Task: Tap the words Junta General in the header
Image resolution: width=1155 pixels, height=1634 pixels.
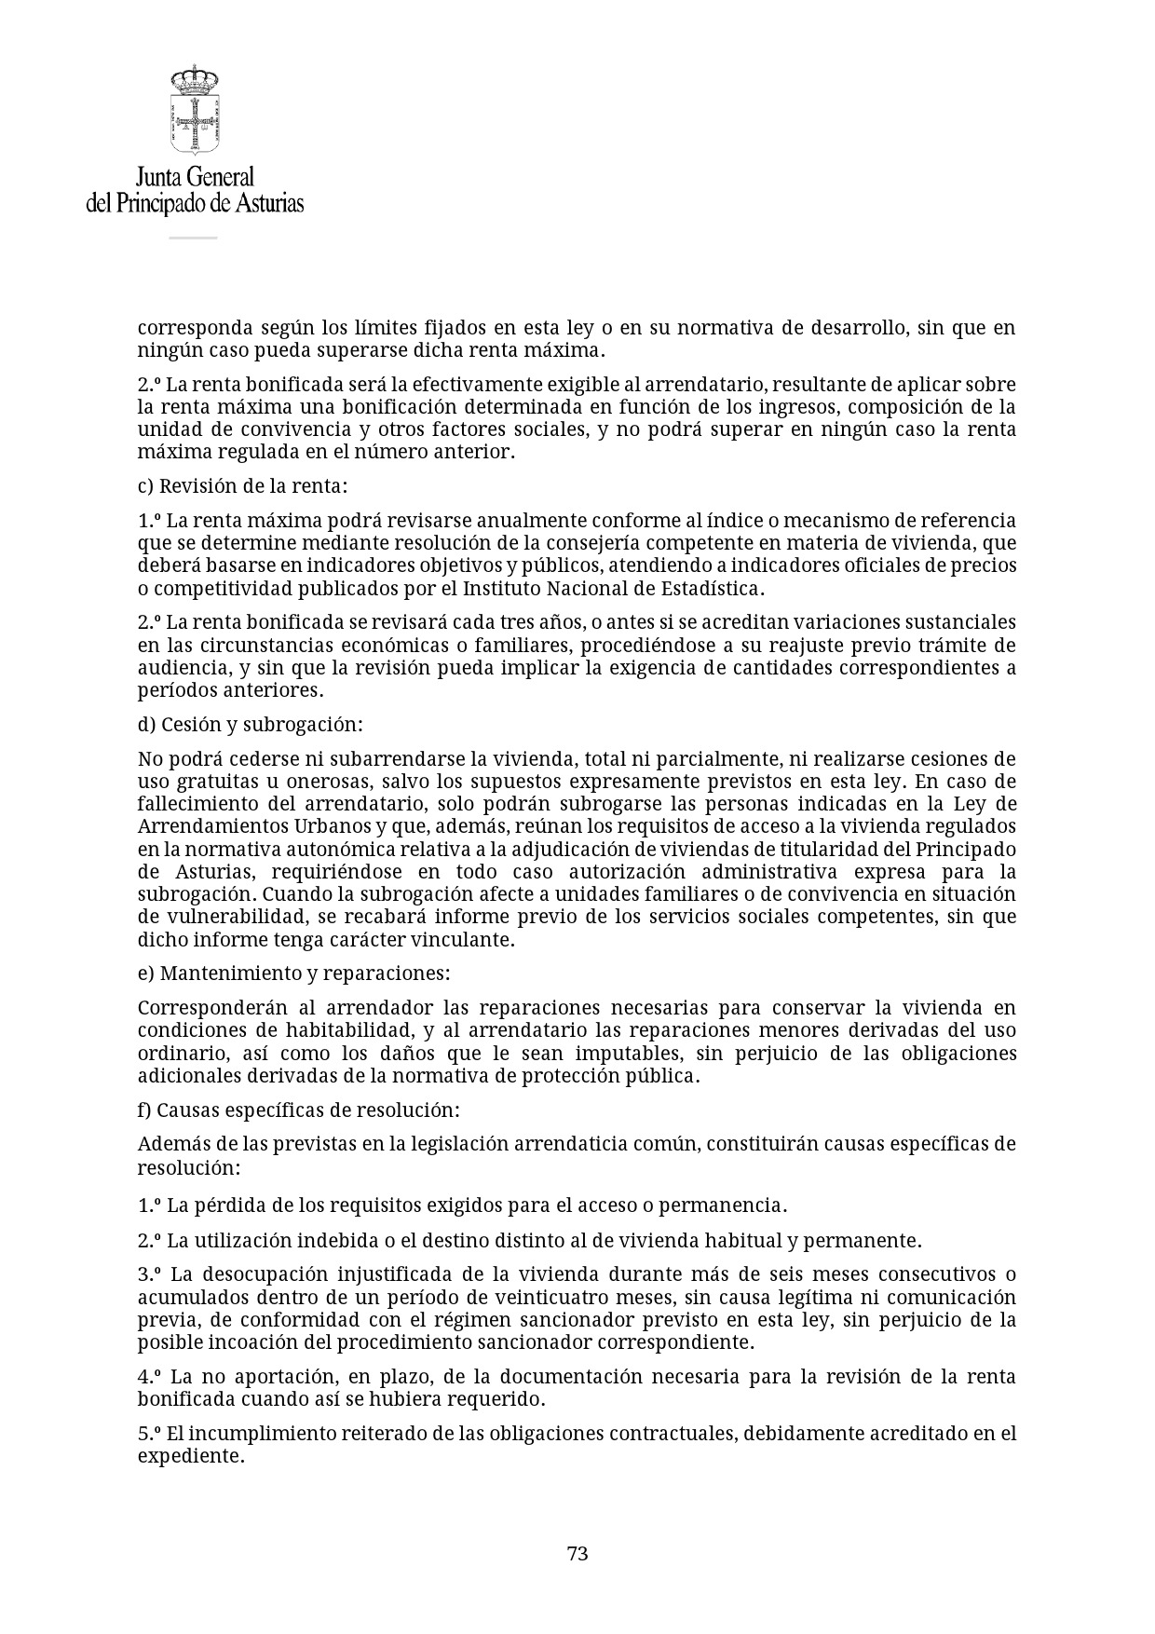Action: coord(195,177)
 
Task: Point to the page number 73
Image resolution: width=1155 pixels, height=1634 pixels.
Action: coord(577,1554)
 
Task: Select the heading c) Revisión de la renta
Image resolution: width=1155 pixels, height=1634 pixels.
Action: coord(242,486)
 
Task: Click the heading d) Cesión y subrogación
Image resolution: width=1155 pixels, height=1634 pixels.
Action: coord(250,725)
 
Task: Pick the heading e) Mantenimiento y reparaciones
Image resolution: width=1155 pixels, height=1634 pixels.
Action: coord(293,974)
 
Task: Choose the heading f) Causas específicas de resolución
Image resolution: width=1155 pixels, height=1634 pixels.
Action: coord(298,1110)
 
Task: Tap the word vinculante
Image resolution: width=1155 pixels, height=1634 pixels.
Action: coord(466,940)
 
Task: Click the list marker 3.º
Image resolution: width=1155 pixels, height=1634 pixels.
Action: coord(150,1274)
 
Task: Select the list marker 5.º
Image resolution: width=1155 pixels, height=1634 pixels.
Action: coord(150,1434)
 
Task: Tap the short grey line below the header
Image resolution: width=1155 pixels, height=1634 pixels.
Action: coord(193,238)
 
